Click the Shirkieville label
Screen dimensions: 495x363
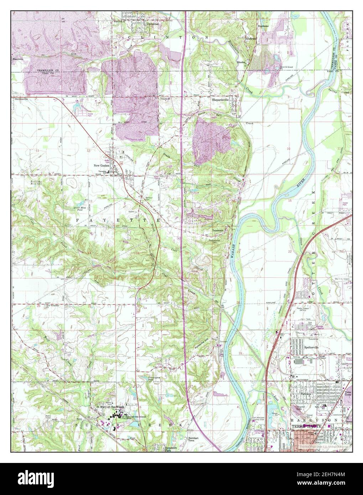[x=19, y=99]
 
